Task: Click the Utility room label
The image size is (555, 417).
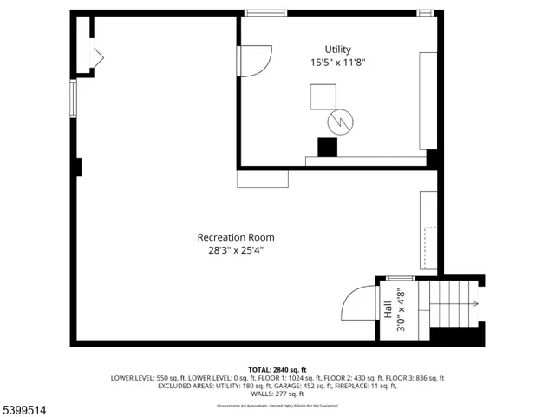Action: click(338, 50)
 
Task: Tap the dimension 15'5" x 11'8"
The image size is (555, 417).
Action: click(338, 63)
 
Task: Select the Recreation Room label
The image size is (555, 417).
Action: click(236, 237)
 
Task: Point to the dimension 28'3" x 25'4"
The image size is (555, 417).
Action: click(236, 250)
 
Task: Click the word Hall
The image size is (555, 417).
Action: click(387, 308)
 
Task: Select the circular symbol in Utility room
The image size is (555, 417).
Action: click(339, 122)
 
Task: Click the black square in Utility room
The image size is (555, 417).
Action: click(327, 148)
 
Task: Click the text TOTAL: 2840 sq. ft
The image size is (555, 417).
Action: click(277, 370)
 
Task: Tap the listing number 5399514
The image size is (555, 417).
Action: click(25, 407)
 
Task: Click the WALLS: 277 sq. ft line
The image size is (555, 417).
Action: click(277, 394)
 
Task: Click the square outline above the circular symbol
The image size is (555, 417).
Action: click(323, 96)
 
